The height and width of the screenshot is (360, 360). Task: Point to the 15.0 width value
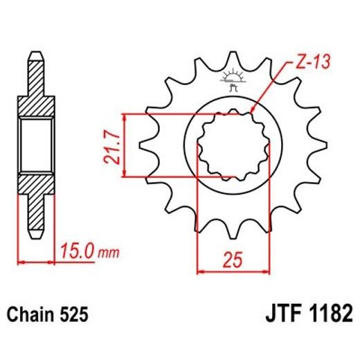point(77,246)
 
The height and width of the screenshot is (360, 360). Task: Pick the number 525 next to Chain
point(73,316)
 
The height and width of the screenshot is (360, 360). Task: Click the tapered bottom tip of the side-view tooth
point(36,233)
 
